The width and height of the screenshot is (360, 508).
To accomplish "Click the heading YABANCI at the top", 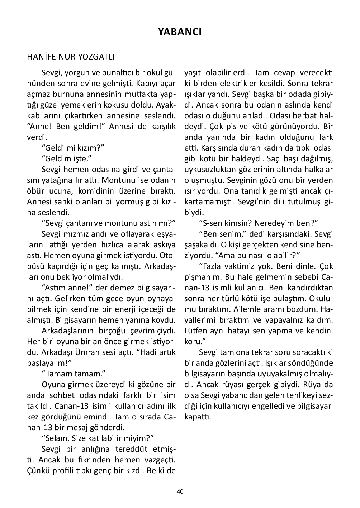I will pos(180,32).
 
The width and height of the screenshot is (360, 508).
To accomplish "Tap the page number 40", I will pos(180,492).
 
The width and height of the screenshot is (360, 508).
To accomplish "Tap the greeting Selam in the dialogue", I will pos(55,438).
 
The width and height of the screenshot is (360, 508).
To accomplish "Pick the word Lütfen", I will pos(196,331).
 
